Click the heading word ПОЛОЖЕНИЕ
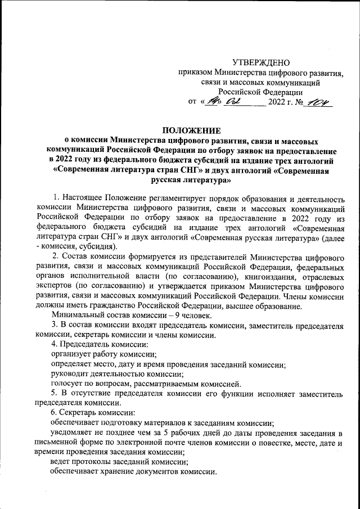coord(191,130)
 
